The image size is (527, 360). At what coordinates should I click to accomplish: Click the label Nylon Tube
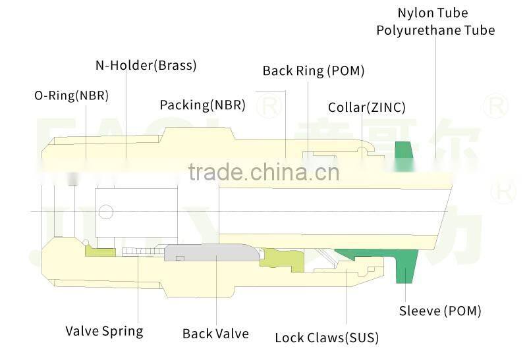pos(432,13)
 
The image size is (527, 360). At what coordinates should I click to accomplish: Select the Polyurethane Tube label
pos(435,30)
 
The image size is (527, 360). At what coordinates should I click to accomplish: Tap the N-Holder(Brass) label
pos(146,65)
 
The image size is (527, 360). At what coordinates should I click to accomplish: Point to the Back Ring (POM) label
pos(313,70)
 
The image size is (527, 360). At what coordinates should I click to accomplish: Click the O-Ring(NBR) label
pos(71,95)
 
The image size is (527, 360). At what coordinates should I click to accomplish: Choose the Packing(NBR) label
pos(202,105)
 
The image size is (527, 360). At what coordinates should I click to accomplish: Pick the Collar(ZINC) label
pos(366,107)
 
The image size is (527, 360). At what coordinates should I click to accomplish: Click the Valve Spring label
pos(104,330)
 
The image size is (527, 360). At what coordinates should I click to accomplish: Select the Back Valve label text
pos(215,334)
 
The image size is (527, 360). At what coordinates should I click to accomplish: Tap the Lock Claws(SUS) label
pos(326,338)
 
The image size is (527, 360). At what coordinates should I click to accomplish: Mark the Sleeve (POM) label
pos(440,311)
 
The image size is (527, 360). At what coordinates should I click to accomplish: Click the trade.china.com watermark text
pos(263,172)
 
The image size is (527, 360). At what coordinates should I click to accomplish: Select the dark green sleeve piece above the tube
pos(402,151)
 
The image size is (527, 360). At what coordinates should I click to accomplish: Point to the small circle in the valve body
pos(105,211)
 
